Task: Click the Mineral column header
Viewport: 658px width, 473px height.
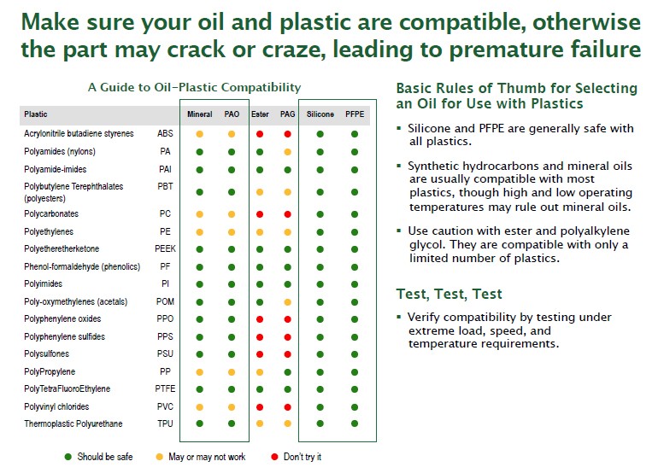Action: pos(200,114)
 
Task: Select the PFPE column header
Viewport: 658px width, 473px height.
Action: pos(355,114)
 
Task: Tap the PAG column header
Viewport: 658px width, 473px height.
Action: pos(287,114)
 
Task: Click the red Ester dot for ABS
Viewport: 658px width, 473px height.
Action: pos(260,134)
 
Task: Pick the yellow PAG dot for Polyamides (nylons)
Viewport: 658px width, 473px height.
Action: pos(287,152)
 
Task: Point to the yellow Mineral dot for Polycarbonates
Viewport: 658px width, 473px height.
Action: pos(200,214)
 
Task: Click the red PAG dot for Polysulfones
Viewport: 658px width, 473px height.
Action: pos(287,354)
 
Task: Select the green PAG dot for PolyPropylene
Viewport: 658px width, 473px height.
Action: pos(287,372)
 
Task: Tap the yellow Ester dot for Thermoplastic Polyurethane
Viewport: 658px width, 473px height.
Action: pos(260,423)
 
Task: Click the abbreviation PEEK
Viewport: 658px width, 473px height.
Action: pos(165,248)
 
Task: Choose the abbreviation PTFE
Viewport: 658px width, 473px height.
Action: pos(165,388)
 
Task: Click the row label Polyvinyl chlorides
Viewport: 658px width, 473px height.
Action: pos(56,406)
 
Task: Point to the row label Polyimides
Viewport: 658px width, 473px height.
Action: pos(44,283)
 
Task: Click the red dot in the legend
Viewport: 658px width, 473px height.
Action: pos(274,457)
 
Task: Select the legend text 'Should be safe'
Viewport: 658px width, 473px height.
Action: pos(105,457)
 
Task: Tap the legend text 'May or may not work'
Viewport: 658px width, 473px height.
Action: pos(207,457)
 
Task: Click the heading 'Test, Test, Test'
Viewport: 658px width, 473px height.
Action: pos(449,294)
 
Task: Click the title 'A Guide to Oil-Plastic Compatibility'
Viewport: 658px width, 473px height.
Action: pos(194,87)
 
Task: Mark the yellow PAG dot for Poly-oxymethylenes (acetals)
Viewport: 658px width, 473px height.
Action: pos(287,302)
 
